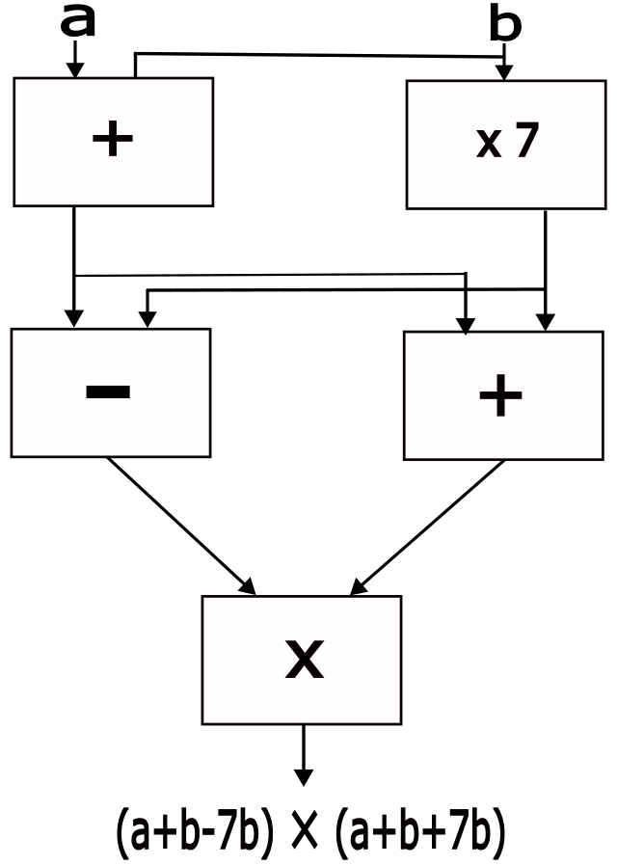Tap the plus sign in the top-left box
tap(112, 141)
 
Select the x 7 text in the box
tap(502, 143)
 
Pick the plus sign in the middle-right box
tap(500, 396)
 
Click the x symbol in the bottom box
tap(304, 661)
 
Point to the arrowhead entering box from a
tap(75, 70)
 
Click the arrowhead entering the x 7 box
tap(504, 72)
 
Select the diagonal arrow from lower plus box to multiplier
tap(429, 525)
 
